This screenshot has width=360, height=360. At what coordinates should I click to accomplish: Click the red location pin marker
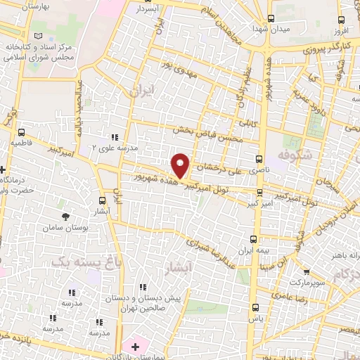(181, 166)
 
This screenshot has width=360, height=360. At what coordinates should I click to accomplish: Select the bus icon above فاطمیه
(21, 131)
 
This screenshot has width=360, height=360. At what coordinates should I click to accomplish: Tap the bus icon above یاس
(255, 307)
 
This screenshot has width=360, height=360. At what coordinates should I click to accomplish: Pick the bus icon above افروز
(342, 20)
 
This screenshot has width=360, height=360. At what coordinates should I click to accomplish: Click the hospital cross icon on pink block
(135, 347)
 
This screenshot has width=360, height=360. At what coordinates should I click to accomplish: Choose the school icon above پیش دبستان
(143, 287)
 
